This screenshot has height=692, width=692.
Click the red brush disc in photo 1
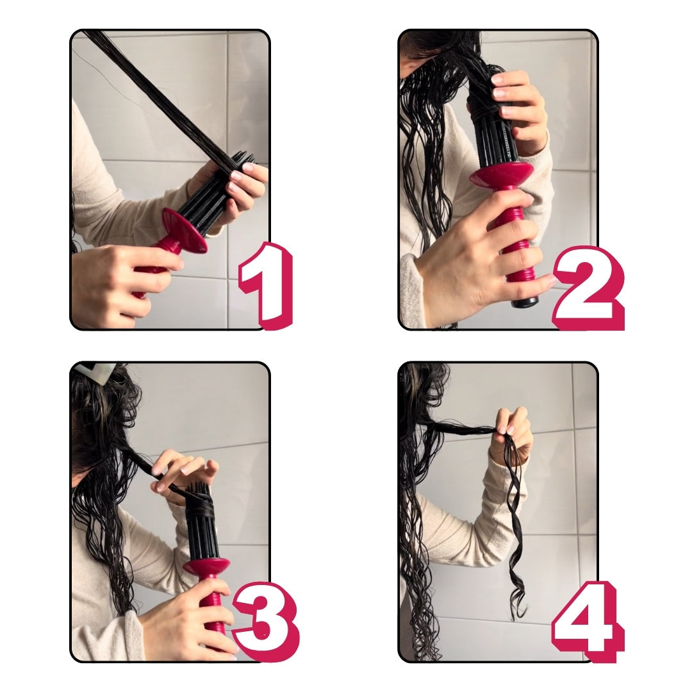(x=185, y=230)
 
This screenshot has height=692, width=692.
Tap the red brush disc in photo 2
(x=501, y=174)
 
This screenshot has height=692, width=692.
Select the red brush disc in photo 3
(x=206, y=566)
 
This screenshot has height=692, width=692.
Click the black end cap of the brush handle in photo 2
(x=525, y=302)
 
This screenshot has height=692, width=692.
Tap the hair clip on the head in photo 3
(x=94, y=371)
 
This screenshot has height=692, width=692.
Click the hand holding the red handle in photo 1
(x=119, y=283)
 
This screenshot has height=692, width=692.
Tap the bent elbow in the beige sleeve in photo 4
(x=488, y=543)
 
